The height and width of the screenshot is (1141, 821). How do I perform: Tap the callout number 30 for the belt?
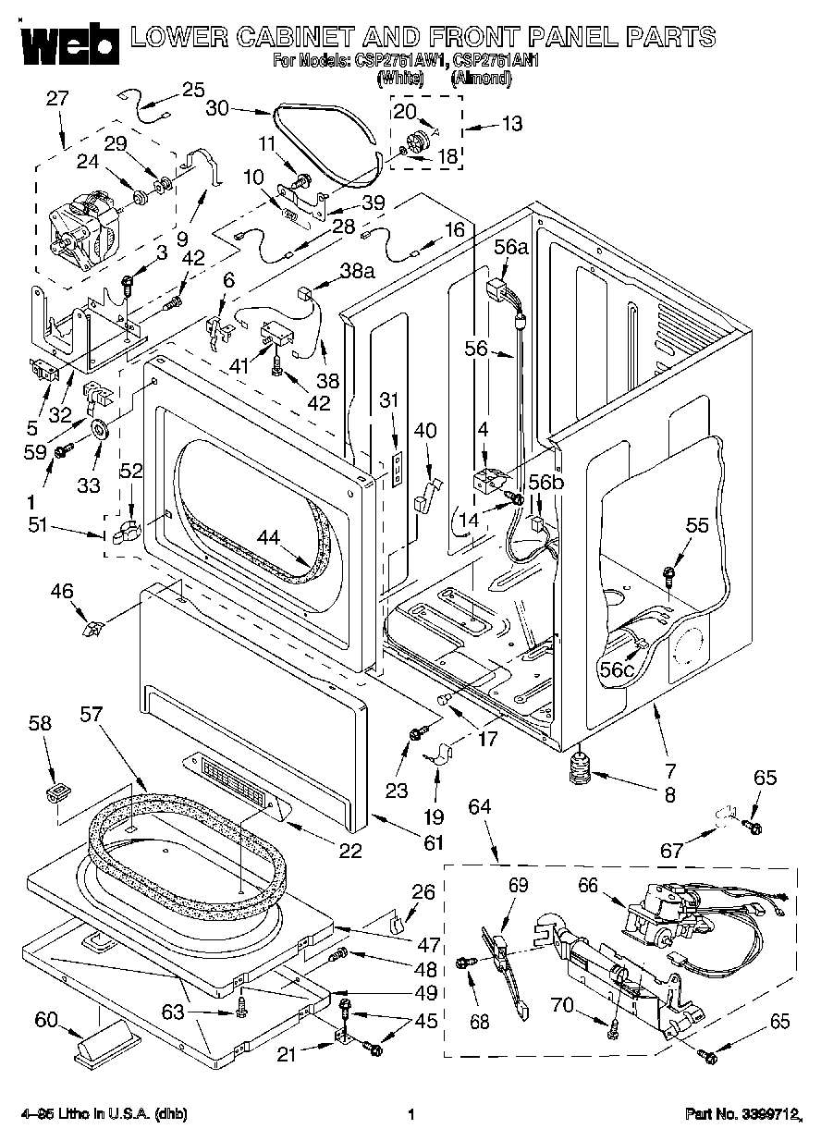[217, 108]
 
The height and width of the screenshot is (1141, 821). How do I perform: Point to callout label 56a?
[511, 247]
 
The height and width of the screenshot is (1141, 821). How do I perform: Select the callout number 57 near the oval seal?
[92, 714]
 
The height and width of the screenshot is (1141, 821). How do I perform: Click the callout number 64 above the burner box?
[480, 807]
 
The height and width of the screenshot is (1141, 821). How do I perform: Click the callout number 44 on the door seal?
[268, 535]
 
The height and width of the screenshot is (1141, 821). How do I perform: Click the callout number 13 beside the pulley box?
[510, 123]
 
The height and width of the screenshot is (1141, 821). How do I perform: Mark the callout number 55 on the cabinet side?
[697, 525]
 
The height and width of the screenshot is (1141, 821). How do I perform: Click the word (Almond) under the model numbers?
[481, 79]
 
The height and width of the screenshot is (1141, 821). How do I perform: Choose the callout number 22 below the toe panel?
[349, 852]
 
